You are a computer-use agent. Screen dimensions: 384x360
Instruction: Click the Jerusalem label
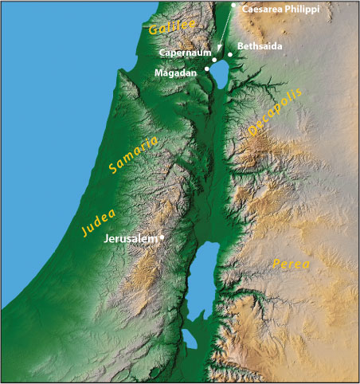click(131, 238)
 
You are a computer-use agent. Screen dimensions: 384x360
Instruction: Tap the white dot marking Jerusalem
click(162, 237)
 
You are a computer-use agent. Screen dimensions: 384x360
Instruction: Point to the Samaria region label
click(133, 156)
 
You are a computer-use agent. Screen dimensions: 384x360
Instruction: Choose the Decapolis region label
click(275, 116)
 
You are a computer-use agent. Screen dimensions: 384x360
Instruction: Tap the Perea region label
click(291, 263)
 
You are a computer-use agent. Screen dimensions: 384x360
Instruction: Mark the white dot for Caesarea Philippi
click(233, 6)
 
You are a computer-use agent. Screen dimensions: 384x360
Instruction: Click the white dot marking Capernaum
click(213, 60)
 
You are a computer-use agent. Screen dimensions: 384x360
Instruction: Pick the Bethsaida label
click(259, 46)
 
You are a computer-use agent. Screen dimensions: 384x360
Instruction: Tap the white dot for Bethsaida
click(230, 54)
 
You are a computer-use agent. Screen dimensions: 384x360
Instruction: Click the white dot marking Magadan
click(207, 69)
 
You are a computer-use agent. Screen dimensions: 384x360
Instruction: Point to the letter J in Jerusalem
click(108, 238)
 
